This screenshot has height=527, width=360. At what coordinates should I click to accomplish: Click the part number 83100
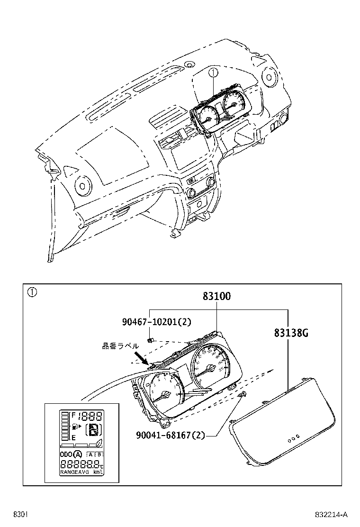point(216,297)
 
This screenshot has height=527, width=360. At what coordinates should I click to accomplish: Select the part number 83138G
point(291,332)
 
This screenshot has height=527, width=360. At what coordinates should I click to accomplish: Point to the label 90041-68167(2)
point(170,435)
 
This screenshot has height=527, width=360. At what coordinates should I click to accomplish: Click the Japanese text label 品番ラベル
point(120,346)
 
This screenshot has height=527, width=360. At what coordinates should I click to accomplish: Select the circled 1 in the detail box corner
point(31,292)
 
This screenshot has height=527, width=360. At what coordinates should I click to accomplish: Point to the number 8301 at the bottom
point(20,515)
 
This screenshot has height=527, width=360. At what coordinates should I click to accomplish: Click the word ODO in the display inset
point(65,454)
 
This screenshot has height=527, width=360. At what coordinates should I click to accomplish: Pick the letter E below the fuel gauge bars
point(73,438)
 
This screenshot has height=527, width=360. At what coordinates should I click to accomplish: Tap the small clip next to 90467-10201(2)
point(150,339)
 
